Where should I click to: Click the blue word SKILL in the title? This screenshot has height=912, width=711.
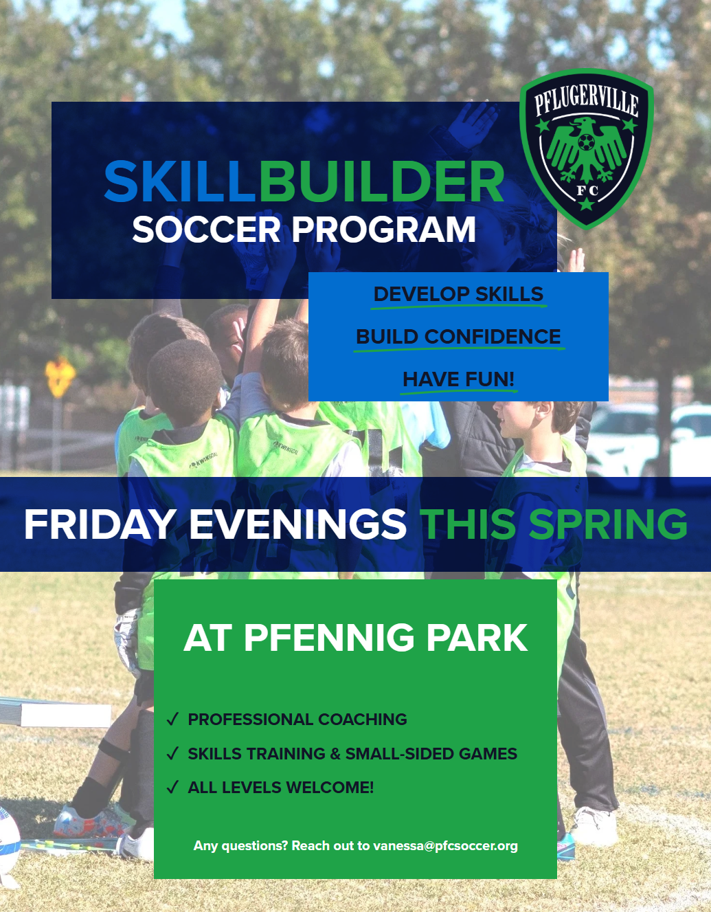[x=180, y=182]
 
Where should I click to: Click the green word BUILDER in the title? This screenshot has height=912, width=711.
[x=382, y=182]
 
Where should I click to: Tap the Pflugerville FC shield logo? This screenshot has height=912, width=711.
[x=586, y=148]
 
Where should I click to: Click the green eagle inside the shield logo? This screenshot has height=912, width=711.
[x=586, y=148]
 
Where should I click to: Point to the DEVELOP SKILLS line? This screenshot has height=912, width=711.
[x=458, y=294]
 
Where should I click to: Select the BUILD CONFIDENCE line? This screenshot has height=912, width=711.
[x=458, y=337]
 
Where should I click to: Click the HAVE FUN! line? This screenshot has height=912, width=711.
[x=458, y=379]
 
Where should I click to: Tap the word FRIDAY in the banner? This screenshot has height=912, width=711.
[x=100, y=524]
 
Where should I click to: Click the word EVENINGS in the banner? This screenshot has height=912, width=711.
[x=297, y=524]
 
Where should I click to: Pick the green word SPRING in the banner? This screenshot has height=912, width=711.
[x=608, y=524]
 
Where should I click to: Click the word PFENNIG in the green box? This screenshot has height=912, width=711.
[x=328, y=638]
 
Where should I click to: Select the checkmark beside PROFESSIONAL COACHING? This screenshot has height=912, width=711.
[x=173, y=720]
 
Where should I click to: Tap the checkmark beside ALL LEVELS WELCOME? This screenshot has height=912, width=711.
[x=173, y=787]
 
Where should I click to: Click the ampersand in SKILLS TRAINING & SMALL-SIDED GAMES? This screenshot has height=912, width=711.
[x=335, y=754]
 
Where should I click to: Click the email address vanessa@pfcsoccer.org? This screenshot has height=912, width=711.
[x=445, y=846]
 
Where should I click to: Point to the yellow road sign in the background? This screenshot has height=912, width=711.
[x=60, y=375]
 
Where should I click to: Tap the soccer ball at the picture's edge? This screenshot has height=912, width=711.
[x=9, y=842]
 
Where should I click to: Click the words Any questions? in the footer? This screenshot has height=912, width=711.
[x=240, y=846]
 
